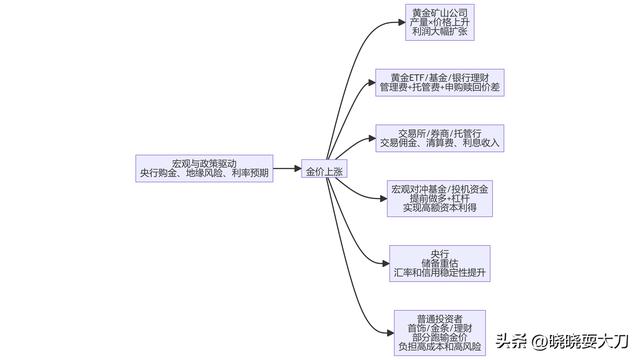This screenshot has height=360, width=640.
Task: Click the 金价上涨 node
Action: click(323, 171)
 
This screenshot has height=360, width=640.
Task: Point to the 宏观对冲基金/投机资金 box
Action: click(439, 198)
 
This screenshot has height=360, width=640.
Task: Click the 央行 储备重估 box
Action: click(440, 262)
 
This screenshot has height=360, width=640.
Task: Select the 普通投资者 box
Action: click(440, 331)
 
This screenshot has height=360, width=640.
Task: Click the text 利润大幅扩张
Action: click(438, 33)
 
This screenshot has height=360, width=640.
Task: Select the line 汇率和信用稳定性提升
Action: click(440, 272)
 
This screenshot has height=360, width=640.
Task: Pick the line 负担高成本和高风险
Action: click(440, 346)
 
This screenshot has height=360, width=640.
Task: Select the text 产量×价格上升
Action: click(438, 23)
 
